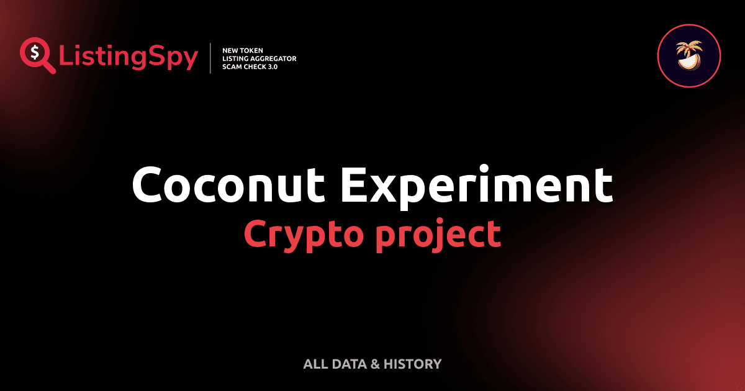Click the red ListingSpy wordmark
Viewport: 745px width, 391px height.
coord(129,58)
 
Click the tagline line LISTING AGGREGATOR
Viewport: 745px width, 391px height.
coord(259,58)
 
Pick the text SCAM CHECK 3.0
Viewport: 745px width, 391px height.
coord(250,66)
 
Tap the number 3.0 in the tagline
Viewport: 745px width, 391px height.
coord(271,66)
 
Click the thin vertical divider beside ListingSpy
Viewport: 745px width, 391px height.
coord(211,58)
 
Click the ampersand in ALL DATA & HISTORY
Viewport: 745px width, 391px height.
coord(374,364)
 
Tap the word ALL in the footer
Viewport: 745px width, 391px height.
coord(315,364)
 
